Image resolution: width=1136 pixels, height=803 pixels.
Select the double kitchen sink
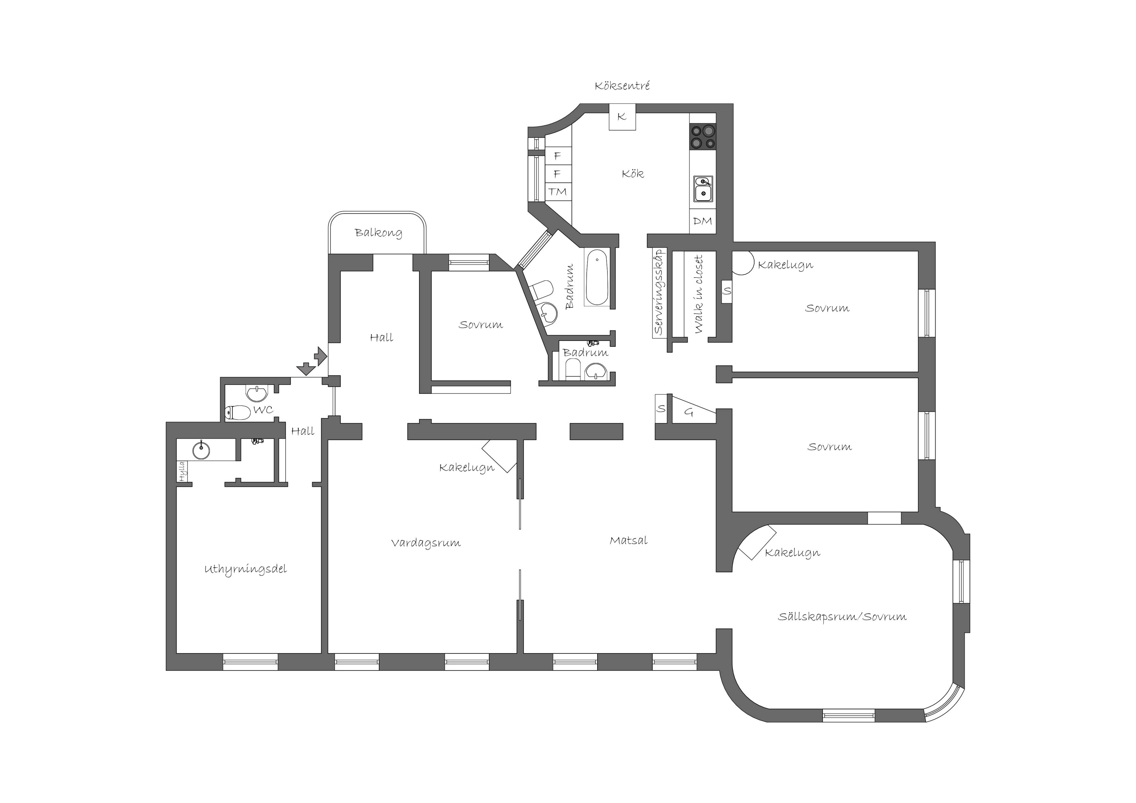703,189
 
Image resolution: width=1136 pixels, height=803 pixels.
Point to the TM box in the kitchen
558,191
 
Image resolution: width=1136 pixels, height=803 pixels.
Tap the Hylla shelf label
182,471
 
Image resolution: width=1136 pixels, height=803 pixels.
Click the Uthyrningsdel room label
245,570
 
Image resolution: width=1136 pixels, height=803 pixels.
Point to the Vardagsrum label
426,543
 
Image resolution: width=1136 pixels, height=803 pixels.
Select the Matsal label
628,540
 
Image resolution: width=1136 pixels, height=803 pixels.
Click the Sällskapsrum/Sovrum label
842,616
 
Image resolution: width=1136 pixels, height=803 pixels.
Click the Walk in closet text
698,294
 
